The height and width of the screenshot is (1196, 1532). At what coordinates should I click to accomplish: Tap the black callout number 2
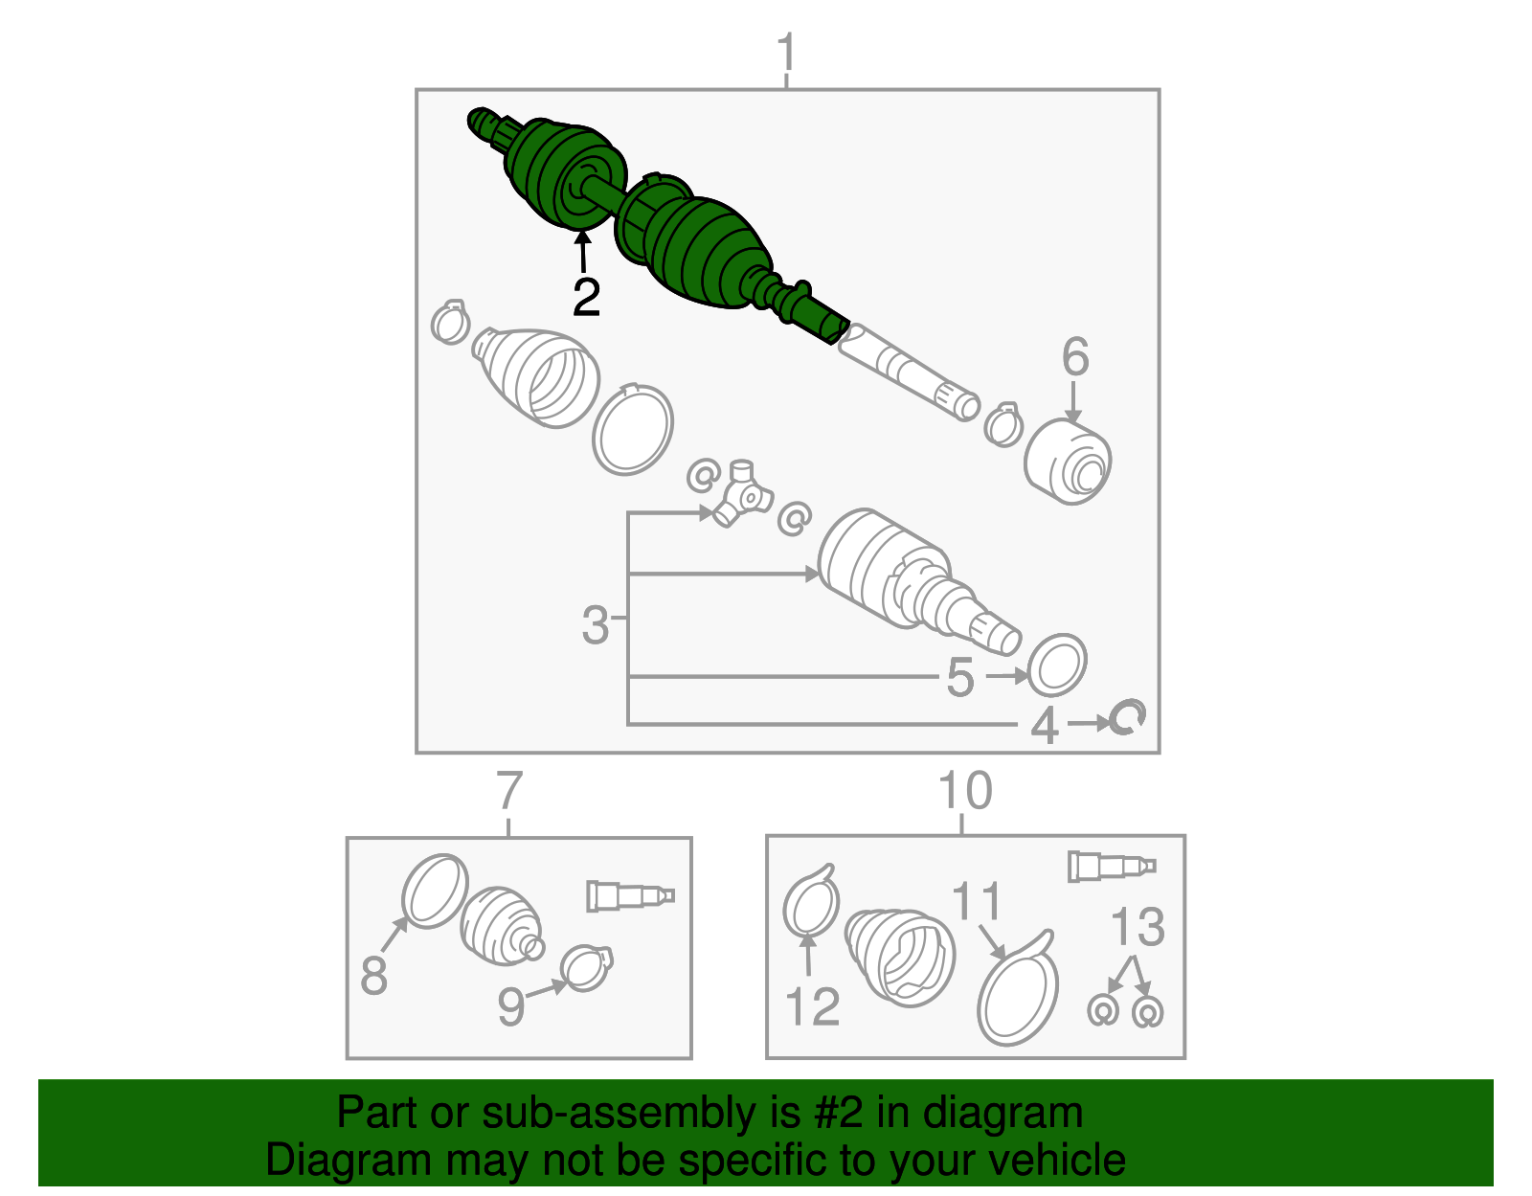click(x=586, y=298)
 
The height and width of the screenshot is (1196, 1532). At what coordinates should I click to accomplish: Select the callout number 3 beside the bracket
click(x=595, y=624)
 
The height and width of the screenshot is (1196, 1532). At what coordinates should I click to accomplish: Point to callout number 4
click(x=1044, y=725)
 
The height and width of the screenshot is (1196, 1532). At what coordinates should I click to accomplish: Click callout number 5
click(x=959, y=677)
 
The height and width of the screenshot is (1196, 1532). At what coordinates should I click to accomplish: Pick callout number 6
click(x=1075, y=356)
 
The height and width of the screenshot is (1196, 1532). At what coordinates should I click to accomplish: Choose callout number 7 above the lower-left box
click(x=509, y=791)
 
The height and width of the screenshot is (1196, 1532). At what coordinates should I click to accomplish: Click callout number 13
click(x=1138, y=926)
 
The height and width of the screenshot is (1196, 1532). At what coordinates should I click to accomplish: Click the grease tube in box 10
click(x=1112, y=867)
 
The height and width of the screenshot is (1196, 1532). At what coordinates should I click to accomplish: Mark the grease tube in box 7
click(x=630, y=895)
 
